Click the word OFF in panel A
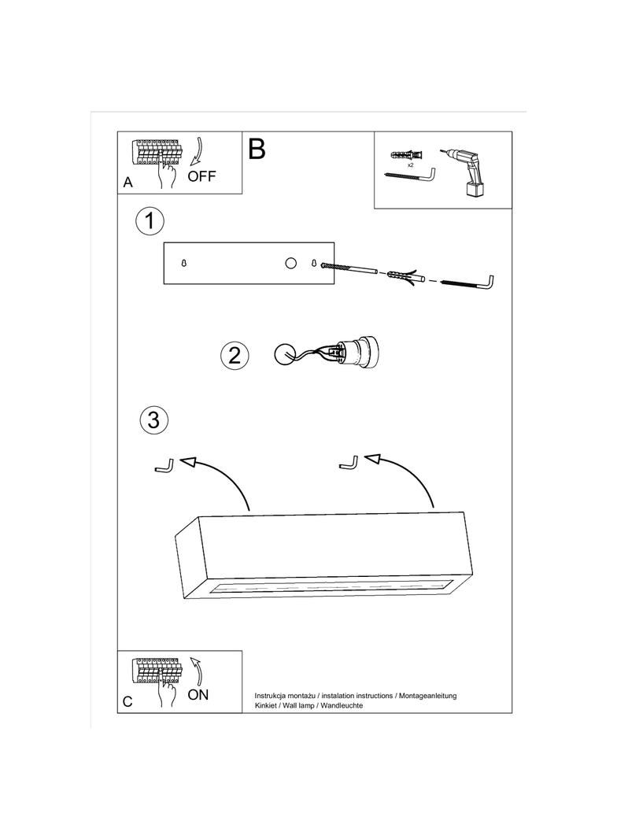pos(201,176)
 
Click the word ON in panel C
pos(198,694)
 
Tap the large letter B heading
pos(257,149)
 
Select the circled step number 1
pos(150,221)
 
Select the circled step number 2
pos(234,355)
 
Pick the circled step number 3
pos(153,419)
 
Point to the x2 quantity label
pos(411,166)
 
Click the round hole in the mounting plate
pos(290,263)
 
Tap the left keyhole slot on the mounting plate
pos(184,264)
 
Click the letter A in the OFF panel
pos(127,183)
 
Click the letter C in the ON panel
pos(127,701)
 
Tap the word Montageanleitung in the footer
pos(428,696)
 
